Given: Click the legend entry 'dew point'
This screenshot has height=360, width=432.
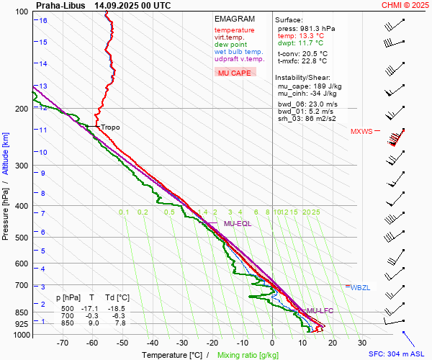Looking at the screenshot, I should point(229,45).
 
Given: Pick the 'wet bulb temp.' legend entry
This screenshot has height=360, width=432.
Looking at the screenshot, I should point(238,52).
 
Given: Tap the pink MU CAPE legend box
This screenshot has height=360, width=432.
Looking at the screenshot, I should point(235,73).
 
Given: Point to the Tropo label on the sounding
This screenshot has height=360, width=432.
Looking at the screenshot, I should point(110,127).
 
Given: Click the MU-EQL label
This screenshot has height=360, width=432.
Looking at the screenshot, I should point(238,224).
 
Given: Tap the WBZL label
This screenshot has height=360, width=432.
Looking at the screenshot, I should point(361,287).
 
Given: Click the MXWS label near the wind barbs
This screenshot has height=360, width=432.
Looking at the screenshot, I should point(361,132).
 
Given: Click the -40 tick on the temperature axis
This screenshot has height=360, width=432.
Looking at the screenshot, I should point(153,343).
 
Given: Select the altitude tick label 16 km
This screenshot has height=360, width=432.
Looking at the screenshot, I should point(43,21).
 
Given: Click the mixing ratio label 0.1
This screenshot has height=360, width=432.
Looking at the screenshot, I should point(124,212).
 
